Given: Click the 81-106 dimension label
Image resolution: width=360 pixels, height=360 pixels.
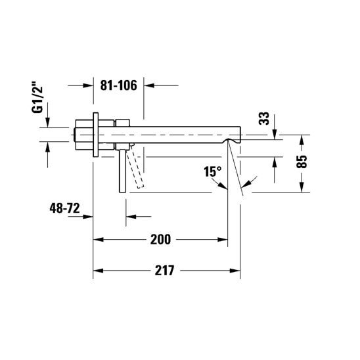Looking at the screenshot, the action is pos(118,85).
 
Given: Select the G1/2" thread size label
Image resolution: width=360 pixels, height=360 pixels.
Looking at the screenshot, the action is pos(37,97).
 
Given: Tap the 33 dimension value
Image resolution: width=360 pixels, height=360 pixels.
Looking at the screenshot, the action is pos(264,118).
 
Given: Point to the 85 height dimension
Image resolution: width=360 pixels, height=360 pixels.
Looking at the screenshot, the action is pos(302,162).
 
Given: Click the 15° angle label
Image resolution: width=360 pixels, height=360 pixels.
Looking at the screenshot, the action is pos(213,171).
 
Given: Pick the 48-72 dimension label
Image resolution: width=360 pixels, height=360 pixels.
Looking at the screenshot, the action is pos(64,208).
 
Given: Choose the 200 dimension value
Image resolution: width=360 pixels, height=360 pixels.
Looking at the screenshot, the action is pos(160,240).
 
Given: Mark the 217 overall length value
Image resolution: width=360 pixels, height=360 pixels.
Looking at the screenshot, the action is pos(164,271).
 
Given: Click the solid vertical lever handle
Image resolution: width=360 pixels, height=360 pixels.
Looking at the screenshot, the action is pos(123,171).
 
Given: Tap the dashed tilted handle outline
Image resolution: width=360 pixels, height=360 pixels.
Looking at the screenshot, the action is pos(135,167).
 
